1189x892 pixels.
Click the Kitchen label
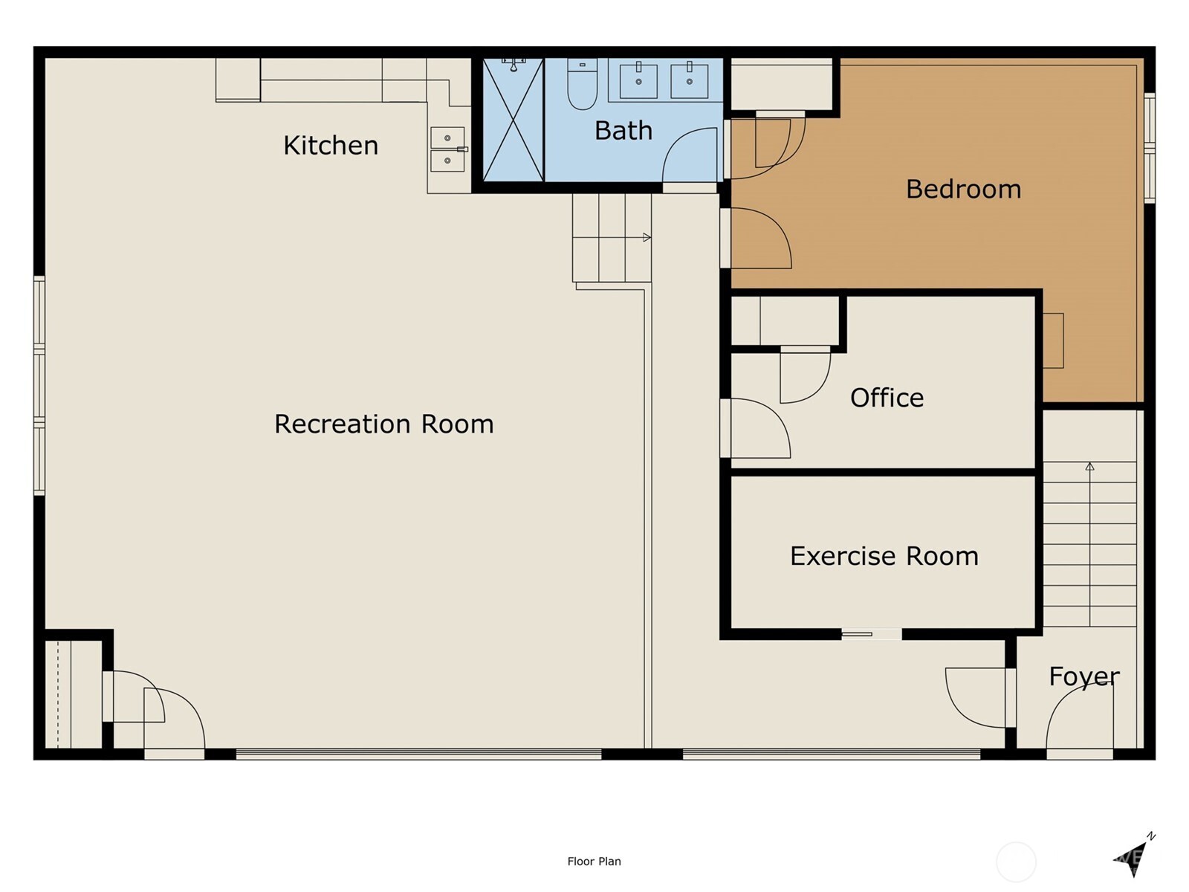coord(331,146)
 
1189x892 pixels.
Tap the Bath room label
coord(623,131)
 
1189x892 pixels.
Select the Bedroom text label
coord(964,190)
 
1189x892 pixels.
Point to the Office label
coord(887,398)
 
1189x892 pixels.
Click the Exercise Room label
coord(884,556)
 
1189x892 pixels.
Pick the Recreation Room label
coord(384,424)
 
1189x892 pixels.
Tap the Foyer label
coord(1084,677)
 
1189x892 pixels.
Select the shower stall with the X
coord(513,120)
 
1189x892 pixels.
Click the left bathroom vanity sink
coord(638,81)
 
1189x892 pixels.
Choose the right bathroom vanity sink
coord(689,81)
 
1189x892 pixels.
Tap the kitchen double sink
coord(447,149)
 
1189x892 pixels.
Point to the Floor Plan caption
coord(594,861)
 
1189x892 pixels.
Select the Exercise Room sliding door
coord(871,633)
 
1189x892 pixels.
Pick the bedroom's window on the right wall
coord(1150,148)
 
